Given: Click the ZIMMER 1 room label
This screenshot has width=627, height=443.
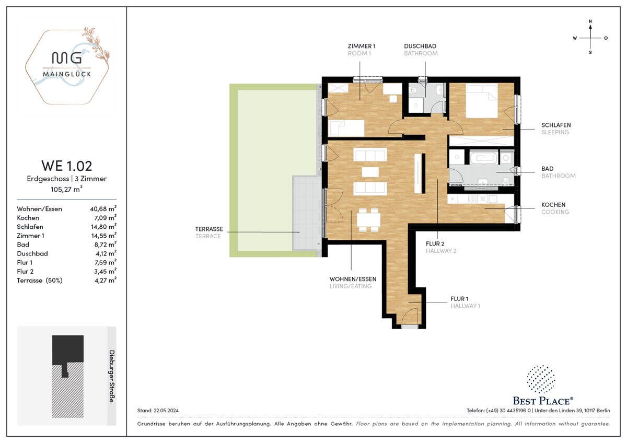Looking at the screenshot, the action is pos(362,46).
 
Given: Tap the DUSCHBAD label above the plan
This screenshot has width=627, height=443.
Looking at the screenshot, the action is pos(420,46).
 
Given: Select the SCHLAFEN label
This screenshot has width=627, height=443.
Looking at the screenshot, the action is pos(556,125).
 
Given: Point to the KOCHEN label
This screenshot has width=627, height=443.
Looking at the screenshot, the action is pos(553,205).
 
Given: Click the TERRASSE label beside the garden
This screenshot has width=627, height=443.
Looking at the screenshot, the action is pos(209,229).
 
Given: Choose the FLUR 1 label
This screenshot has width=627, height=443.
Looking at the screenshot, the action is pos(459,299).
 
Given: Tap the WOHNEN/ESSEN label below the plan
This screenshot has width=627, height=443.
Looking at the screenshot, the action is pos(353,279).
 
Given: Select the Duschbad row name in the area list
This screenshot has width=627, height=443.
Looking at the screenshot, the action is pos(32,253).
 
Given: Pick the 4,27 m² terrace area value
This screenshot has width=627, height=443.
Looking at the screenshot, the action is pos(105,280).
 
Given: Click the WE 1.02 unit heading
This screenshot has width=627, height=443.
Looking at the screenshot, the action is pos(67,166).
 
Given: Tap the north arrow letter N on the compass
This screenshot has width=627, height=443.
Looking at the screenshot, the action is pos(590,21).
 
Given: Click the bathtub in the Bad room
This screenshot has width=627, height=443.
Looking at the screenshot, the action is pos(483,158).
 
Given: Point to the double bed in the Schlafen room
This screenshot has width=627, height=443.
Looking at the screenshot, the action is pos(482,101).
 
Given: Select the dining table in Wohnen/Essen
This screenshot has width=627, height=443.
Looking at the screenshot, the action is pos(368,220).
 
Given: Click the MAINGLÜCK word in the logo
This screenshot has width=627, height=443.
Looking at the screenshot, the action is pos(67,74).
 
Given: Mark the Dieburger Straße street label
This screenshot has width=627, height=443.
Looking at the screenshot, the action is pos(112,376).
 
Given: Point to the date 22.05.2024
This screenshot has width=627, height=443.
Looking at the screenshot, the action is pos(166,411).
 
